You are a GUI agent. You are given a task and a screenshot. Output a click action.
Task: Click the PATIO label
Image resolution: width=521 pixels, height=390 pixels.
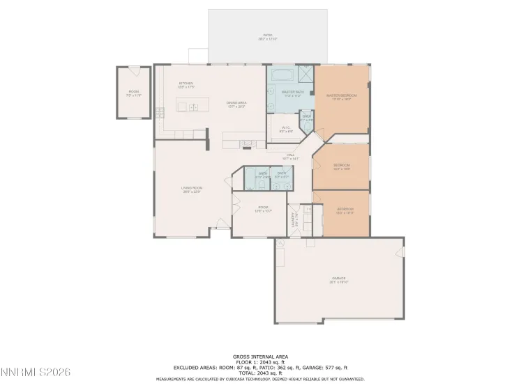click(x=268, y=36)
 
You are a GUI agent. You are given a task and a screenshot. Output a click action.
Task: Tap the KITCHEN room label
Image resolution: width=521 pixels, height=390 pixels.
click(x=185, y=84)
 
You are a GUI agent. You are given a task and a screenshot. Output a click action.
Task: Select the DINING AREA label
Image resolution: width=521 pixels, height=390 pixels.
click(x=236, y=104)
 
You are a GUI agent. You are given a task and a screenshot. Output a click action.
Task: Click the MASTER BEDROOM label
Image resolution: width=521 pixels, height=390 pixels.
click(x=342, y=96)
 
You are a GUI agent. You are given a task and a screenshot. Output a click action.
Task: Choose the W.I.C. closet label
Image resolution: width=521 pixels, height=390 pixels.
click(x=286, y=128)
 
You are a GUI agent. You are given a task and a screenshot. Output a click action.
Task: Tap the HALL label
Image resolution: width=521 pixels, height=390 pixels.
click(x=290, y=156)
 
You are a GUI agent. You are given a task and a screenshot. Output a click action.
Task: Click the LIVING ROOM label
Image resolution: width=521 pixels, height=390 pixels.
click(x=191, y=189)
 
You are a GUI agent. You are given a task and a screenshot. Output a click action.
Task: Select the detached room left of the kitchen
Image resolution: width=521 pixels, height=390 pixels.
click(x=133, y=93)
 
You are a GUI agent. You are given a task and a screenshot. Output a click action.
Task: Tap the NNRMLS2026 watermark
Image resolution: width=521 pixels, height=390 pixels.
click(x=40, y=373)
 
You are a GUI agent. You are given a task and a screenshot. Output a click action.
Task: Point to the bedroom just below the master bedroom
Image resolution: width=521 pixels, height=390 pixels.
click(x=341, y=166)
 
